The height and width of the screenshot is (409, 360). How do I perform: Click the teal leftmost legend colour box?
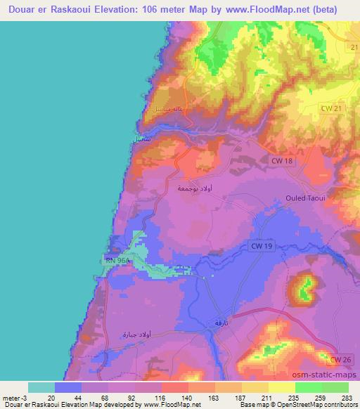pos(41,387)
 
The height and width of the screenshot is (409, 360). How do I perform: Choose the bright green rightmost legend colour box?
pos(335,387)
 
